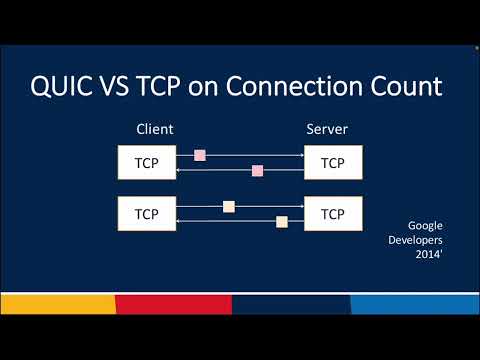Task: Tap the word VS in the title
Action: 144,87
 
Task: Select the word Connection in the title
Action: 318,87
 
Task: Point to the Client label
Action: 153,130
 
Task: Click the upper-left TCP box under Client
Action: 146,163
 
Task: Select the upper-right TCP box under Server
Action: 333,163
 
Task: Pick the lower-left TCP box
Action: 146,213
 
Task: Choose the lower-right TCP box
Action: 333,213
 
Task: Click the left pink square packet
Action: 200,155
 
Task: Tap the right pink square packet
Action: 257,171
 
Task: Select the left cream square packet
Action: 229,207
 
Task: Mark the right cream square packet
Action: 282,221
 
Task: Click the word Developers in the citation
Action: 415,241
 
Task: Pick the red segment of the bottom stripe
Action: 173,304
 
